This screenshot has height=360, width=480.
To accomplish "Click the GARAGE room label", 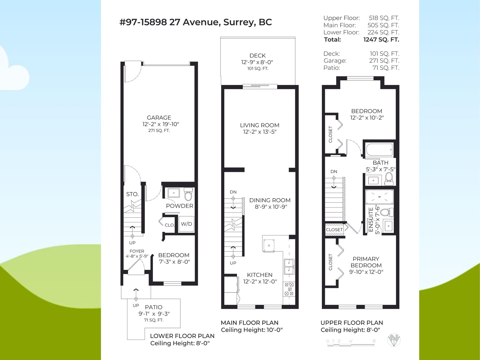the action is coord(159,118).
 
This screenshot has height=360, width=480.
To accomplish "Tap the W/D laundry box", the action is coord(186,224).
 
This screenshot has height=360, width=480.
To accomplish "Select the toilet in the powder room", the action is coord(188,194).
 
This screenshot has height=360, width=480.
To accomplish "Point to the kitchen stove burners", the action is coord(289,289).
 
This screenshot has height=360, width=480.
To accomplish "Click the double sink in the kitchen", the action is coord(289,267).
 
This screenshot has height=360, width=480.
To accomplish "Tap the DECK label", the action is coord(258,55).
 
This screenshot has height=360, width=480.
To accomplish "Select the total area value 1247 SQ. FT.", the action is coord(381,40).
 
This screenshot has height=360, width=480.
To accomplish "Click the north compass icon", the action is coord(394,340).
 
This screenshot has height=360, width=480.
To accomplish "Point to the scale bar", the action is coord(351,345).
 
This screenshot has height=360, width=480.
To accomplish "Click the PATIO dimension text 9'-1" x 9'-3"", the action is coord(154,314).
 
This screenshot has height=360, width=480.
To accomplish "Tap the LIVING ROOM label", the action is coord(259,125).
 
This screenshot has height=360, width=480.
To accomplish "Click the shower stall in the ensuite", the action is coord(379,197).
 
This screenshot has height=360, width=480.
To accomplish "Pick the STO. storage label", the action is coord(132,194).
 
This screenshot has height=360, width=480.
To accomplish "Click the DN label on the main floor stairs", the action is coord(233,192).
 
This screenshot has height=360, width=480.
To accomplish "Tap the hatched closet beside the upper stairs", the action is coord(334,229).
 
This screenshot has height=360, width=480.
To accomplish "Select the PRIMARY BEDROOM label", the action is coord(366,262).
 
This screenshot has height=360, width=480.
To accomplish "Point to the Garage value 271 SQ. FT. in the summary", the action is coord(384,61).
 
